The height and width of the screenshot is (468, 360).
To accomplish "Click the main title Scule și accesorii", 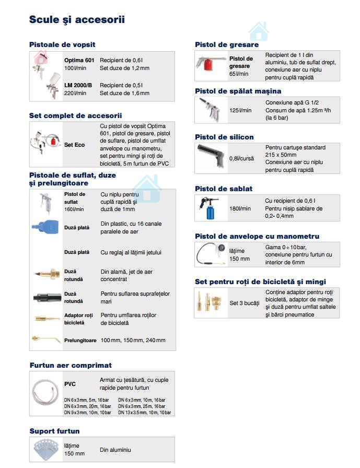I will (x=77, y=20).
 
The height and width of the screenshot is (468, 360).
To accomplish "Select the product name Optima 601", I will (x=79, y=60).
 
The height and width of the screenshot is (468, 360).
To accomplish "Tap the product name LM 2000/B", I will (x=78, y=85).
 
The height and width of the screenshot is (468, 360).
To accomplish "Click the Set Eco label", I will (x=74, y=145).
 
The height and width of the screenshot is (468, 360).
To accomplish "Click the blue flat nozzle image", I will (x=46, y=227).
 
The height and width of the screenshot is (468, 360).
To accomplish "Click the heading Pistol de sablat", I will (x=224, y=189).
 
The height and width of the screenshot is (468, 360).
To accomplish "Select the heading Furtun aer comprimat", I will (x=71, y=365).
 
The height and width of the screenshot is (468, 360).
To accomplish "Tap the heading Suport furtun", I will (x=54, y=431).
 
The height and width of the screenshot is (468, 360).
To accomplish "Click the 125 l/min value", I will (x=240, y=110).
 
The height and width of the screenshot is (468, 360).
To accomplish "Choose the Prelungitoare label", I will (x=80, y=340).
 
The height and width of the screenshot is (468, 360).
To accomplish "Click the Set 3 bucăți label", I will (x=244, y=303).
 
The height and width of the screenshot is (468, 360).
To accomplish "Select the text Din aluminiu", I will (x=115, y=450).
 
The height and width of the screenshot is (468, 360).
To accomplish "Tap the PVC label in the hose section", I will (x=70, y=384).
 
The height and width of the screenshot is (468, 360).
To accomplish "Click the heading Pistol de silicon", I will (x=224, y=137).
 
